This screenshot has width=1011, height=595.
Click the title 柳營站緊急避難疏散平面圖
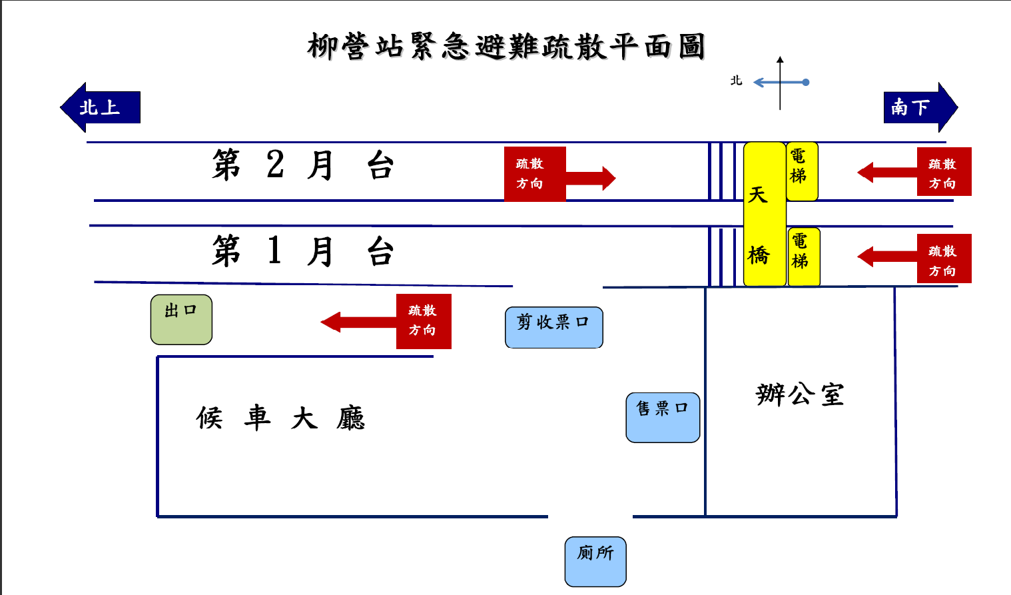tap(506, 47)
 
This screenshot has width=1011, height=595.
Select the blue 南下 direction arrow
tap(919, 107)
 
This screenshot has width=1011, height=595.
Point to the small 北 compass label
tap(736, 81)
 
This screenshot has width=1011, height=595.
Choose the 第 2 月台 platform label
tap(303, 165)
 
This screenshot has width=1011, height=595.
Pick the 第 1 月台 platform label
tap(303, 251)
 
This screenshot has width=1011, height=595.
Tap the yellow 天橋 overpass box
tap(764, 214)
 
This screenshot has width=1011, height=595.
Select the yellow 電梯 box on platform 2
tap(801, 171)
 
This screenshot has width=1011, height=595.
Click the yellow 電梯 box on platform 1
tap(803, 257)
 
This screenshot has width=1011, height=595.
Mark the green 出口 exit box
tap(181, 320)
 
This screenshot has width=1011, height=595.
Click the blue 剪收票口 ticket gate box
tap(553, 327)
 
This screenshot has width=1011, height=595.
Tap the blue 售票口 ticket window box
tap(663, 417)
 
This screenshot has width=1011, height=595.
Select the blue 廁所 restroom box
tap(595, 562)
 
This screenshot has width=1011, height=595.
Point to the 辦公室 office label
tap(800, 395)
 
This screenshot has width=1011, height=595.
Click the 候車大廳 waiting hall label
tap(280, 418)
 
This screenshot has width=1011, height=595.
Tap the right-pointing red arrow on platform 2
tap(591, 178)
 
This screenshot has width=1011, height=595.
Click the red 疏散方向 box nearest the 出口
tap(424, 321)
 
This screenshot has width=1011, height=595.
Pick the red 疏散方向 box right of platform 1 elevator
tap(944, 259)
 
